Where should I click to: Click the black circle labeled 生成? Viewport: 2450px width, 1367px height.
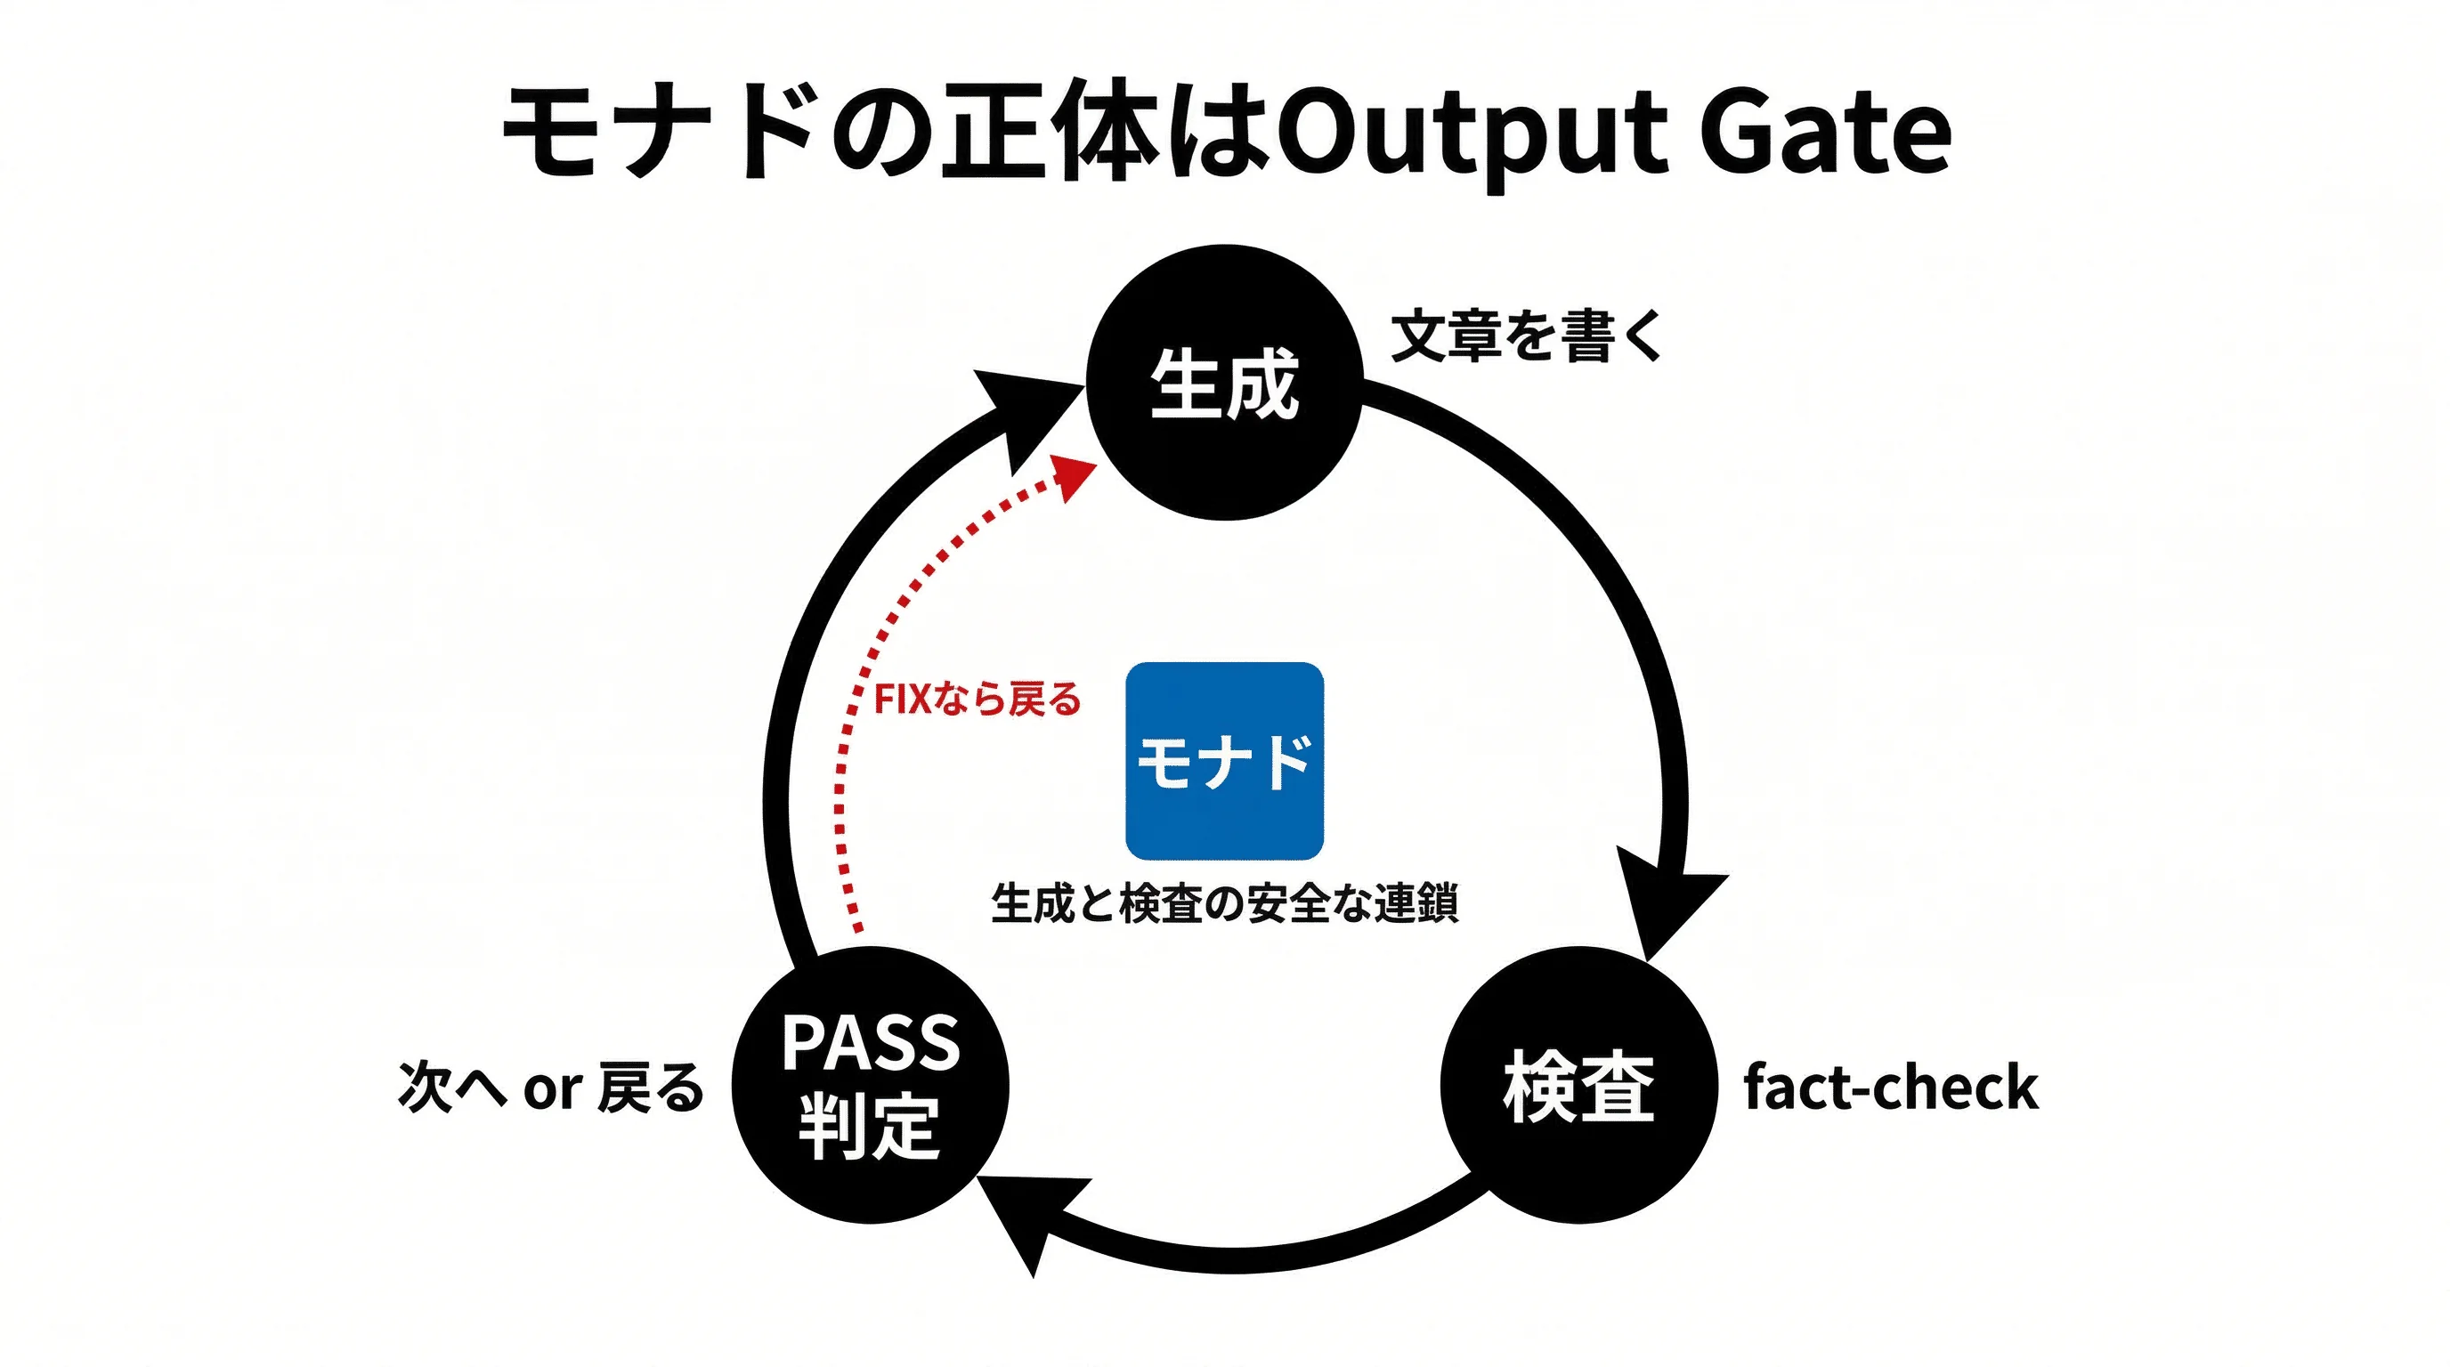1224,383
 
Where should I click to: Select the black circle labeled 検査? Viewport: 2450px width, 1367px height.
1578,1087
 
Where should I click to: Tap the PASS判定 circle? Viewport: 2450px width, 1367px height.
871,1085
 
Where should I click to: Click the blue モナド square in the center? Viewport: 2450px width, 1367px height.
1224,762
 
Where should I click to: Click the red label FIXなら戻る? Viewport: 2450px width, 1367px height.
977,700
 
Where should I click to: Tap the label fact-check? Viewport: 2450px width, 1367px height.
1891,1088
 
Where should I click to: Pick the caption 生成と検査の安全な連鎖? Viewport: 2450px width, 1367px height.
1224,902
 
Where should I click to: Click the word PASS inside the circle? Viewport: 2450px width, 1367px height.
871,1043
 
